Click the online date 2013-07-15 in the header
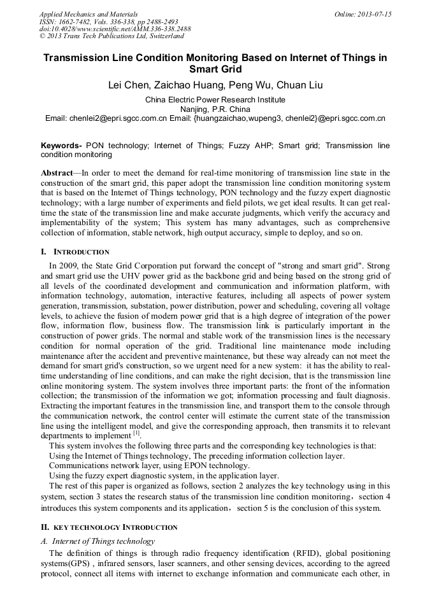[375, 14]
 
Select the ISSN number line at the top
[109, 22]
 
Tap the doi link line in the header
[115, 29]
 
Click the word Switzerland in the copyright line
[162, 36]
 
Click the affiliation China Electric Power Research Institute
[215, 100]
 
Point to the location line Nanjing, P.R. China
[215, 109]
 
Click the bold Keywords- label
[61, 146]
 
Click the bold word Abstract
[57, 173]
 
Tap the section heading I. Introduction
[75, 252]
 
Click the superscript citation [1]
[136, 433]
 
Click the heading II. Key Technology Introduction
[109, 527]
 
